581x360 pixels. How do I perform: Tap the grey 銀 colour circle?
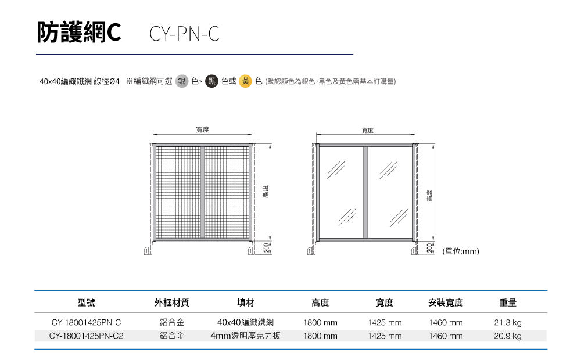pyautogui.click(x=181, y=81)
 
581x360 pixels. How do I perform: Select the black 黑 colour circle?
pyautogui.click(x=211, y=81)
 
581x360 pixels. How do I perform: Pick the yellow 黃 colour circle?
pyautogui.click(x=246, y=81)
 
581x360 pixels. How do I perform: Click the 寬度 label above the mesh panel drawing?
pyautogui.click(x=202, y=130)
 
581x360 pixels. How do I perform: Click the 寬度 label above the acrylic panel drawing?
pyautogui.click(x=367, y=130)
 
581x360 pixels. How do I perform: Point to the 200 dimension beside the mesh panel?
pyautogui.click(x=266, y=248)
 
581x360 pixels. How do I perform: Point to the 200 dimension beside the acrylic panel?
pyautogui.click(x=429, y=248)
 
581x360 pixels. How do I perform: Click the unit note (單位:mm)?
pyautogui.click(x=461, y=251)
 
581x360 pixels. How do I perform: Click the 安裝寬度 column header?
pyautogui.click(x=445, y=303)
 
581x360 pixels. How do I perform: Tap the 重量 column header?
pyautogui.click(x=508, y=303)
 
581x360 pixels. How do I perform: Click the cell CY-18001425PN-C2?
pyautogui.click(x=86, y=336)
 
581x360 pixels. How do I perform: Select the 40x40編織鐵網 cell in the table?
pyautogui.click(x=245, y=322)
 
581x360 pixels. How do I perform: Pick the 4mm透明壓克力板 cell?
pyautogui.click(x=245, y=336)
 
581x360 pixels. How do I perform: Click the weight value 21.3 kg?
pyautogui.click(x=508, y=322)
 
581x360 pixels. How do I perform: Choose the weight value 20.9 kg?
pyautogui.click(x=508, y=336)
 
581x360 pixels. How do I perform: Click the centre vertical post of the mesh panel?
pyautogui.click(x=202, y=192)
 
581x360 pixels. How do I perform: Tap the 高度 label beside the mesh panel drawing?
pyautogui.click(x=266, y=192)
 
